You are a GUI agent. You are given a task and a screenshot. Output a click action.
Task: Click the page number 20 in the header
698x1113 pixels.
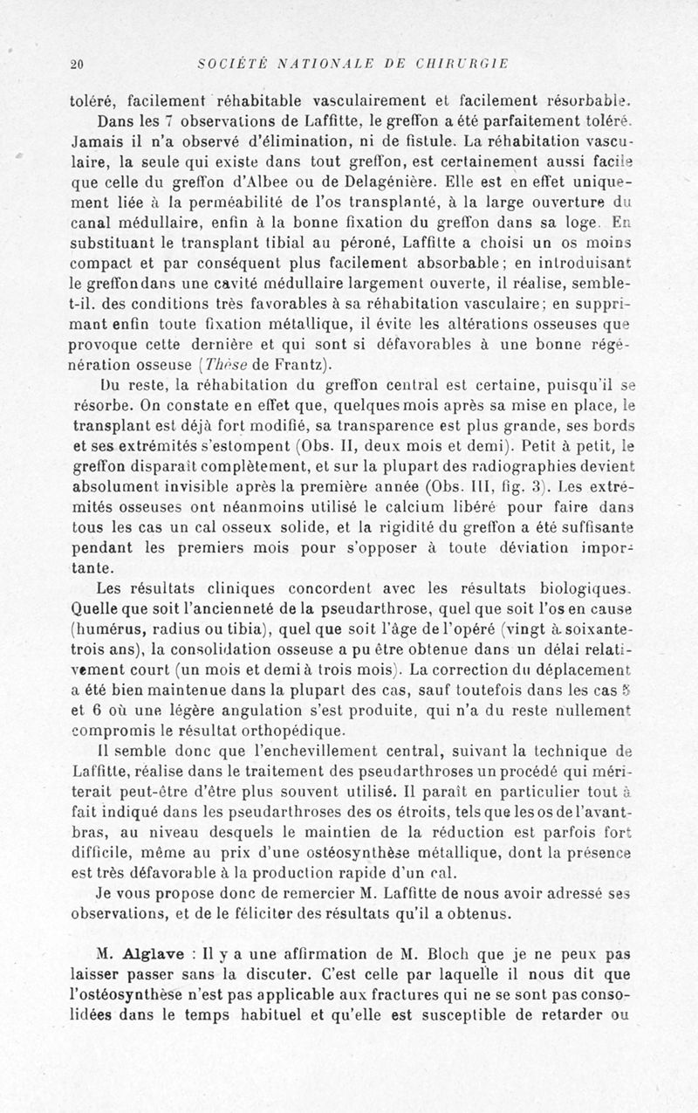(76, 64)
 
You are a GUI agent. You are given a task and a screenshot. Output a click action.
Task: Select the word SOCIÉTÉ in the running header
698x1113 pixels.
(229, 64)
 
